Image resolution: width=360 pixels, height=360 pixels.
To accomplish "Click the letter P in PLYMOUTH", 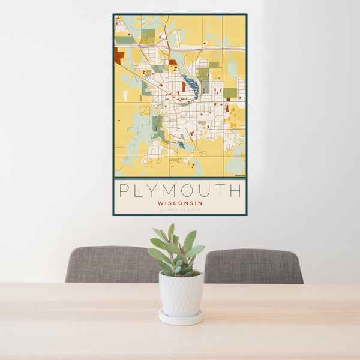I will point(124,191).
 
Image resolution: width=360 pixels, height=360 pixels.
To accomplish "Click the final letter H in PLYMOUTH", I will point(235,191).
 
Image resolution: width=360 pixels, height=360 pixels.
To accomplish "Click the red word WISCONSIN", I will point(180,203).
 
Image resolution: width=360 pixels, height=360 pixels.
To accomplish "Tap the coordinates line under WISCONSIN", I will point(180,209).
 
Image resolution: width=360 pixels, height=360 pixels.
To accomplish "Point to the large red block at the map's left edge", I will point(118,56).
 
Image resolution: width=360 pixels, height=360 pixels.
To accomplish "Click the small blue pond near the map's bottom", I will point(181,145).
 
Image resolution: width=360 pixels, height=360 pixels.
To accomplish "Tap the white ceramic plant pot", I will point(181,294).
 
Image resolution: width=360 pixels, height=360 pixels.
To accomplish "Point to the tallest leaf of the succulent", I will point(171,230).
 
